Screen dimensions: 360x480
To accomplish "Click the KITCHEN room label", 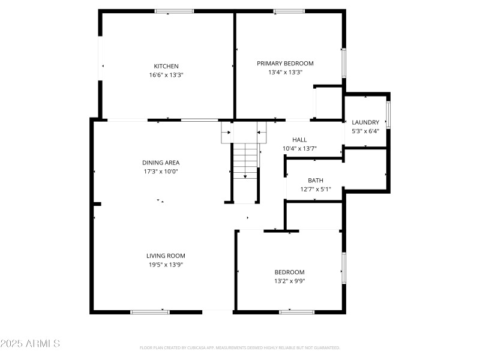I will (166, 66).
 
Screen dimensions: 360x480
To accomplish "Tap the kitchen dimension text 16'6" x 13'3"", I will (166, 75).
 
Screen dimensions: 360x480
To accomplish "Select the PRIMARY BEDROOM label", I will (285, 63).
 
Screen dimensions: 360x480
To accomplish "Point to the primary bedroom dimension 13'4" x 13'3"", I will (285, 72).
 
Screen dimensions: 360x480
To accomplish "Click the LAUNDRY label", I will (365, 122).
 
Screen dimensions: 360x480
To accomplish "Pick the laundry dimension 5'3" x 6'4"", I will (365, 131).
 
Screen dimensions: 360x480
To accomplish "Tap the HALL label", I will (299, 139).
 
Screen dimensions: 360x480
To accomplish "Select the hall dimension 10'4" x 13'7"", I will (299, 148).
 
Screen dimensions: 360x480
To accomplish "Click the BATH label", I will (316, 180).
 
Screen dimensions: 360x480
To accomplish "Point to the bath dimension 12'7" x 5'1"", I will (316, 189).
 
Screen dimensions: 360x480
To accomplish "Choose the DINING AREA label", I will (160, 162).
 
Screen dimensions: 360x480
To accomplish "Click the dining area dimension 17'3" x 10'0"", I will (160, 171).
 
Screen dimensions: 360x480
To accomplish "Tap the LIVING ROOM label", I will (166, 256).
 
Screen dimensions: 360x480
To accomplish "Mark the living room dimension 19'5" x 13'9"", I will (166, 265).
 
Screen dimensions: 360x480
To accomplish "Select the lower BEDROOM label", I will (289, 272).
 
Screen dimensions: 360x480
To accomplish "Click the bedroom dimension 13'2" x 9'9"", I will (289, 281).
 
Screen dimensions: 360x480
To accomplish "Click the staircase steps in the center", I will (245, 161).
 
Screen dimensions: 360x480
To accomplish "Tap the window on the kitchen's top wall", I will (175, 11).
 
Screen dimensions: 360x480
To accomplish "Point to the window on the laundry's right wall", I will (389, 115).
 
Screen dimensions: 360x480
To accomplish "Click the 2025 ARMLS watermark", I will (30, 344).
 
